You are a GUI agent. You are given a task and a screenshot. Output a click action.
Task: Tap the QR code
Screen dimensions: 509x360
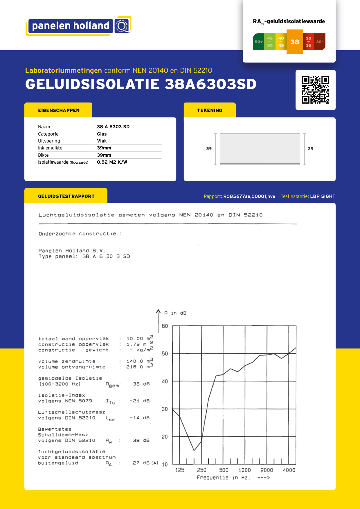[x=315, y=90]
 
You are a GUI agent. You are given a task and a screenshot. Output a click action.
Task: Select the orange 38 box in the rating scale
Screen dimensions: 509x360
[x=295, y=42]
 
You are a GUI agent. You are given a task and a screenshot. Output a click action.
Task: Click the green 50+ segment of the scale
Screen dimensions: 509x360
[x=258, y=42]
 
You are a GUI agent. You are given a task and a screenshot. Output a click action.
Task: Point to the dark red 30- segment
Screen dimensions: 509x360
[x=320, y=42]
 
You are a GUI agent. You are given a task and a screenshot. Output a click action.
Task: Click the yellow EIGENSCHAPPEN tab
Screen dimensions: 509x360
[x=58, y=110]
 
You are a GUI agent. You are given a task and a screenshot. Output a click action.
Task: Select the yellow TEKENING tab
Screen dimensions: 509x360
[x=210, y=110]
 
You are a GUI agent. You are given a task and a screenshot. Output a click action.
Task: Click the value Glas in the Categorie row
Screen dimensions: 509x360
[x=102, y=134]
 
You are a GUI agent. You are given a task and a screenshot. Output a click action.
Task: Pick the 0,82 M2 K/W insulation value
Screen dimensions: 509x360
[x=112, y=162]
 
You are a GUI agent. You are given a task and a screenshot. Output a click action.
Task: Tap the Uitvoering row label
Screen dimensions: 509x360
[x=49, y=141]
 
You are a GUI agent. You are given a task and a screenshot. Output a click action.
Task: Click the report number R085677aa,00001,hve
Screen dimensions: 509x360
[x=249, y=196]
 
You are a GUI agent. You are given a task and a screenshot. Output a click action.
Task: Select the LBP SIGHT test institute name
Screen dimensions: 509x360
[x=323, y=196]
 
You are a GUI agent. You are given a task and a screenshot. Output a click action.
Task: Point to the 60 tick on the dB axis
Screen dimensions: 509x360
[x=165, y=326]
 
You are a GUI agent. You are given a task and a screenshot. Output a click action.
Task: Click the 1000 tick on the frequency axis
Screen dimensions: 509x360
[x=244, y=470]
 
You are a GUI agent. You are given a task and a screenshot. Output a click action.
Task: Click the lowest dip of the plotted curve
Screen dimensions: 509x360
[x=194, y=450]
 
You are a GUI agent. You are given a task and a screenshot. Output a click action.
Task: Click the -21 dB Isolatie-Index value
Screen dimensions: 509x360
[x=139, y=401]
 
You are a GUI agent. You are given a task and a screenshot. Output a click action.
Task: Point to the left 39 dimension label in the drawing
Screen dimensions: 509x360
[x=209, y=149]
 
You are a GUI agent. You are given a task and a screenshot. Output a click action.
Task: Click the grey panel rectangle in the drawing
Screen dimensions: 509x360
[x=260, y=149]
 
